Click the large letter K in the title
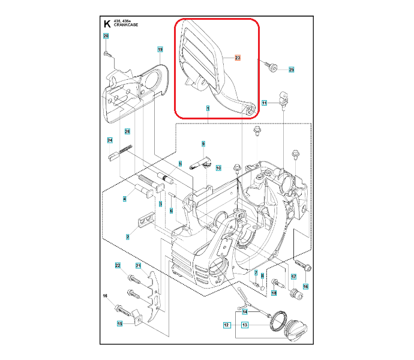[107, 25]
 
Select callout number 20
[106, 37]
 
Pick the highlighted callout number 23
[238, 58]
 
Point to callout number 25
[292, 70]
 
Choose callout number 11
[265, 103]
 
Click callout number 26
[127, 131]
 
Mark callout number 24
[110, 140]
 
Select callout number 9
[203, 144]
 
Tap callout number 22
[118, 266]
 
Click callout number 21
[138, 266]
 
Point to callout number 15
[119, 324]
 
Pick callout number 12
[227, 325]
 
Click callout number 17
[294, 277]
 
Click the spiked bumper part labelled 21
[154, 301]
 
